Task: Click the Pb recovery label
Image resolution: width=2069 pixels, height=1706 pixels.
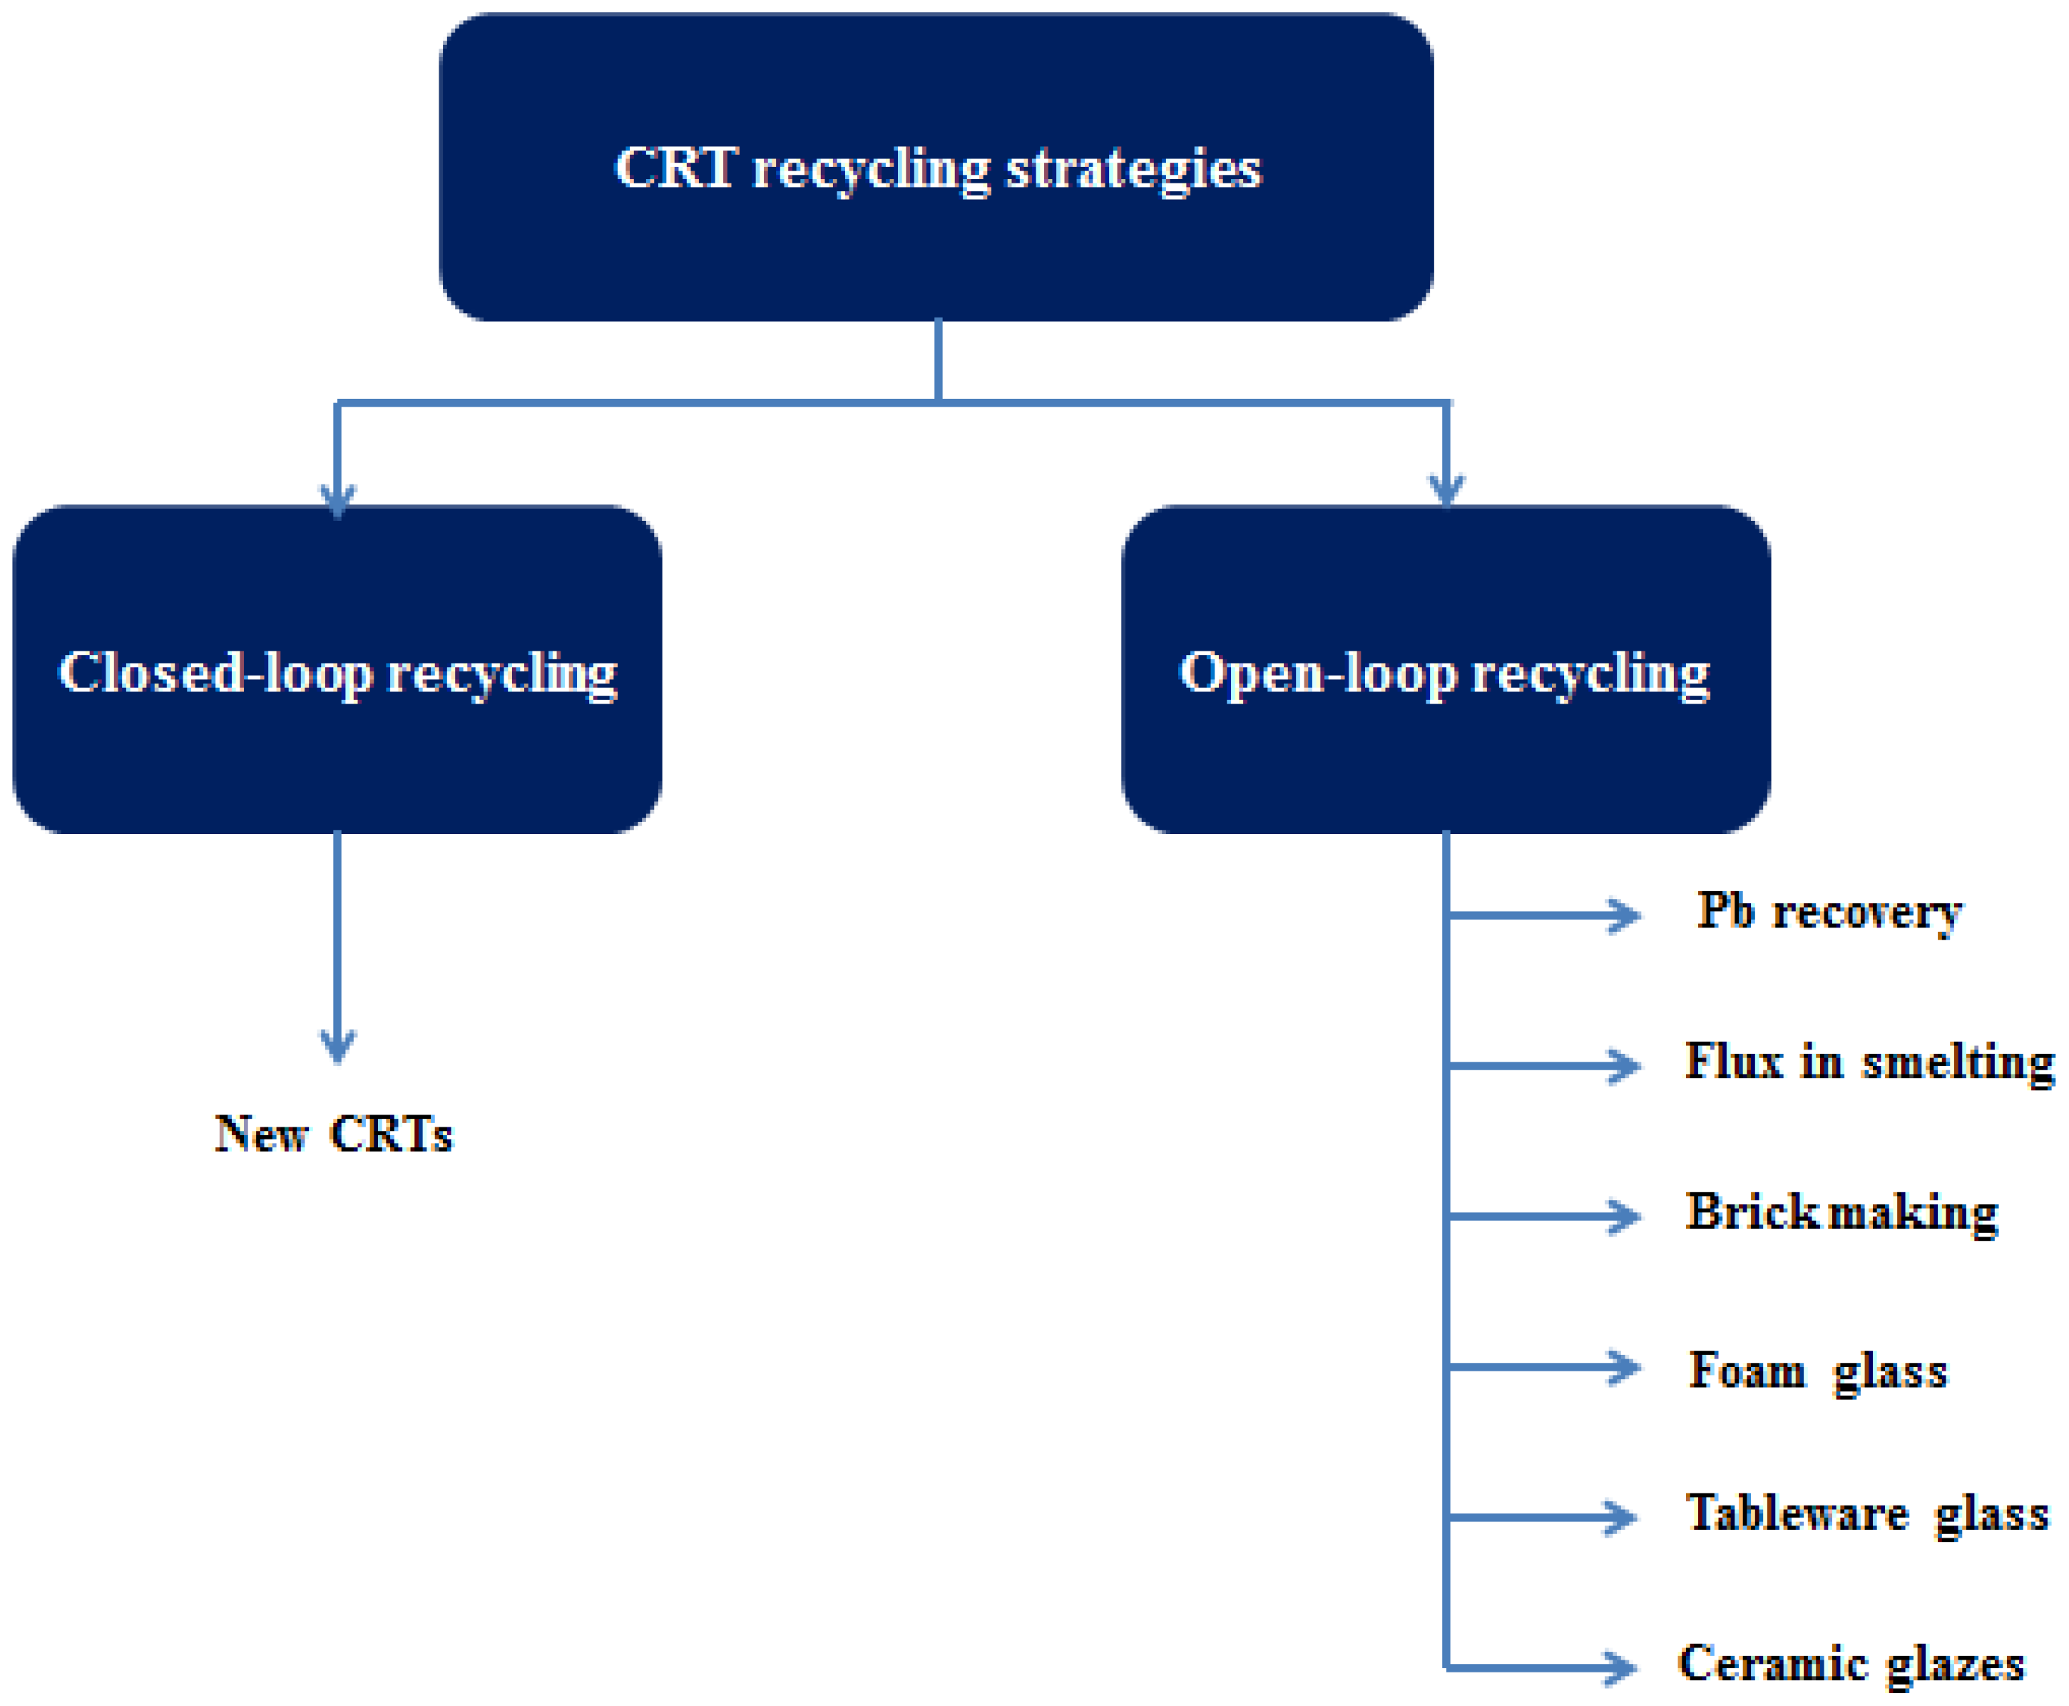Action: (1829, 912)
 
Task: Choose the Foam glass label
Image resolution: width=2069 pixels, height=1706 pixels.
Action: (1817, 1369)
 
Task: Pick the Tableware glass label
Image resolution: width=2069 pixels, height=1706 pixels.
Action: (1866, 1513)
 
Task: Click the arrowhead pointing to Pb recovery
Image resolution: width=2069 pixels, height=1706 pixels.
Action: (1626, 915)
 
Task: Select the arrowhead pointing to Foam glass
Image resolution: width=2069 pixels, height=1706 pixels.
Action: (1626, 1367)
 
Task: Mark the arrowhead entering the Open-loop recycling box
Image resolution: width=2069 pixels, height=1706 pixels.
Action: (1446, 489)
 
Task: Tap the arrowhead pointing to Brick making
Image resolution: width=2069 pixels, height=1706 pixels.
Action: (1626, 1217)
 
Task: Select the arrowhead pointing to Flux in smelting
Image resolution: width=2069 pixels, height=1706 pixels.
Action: (1626, 1065)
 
